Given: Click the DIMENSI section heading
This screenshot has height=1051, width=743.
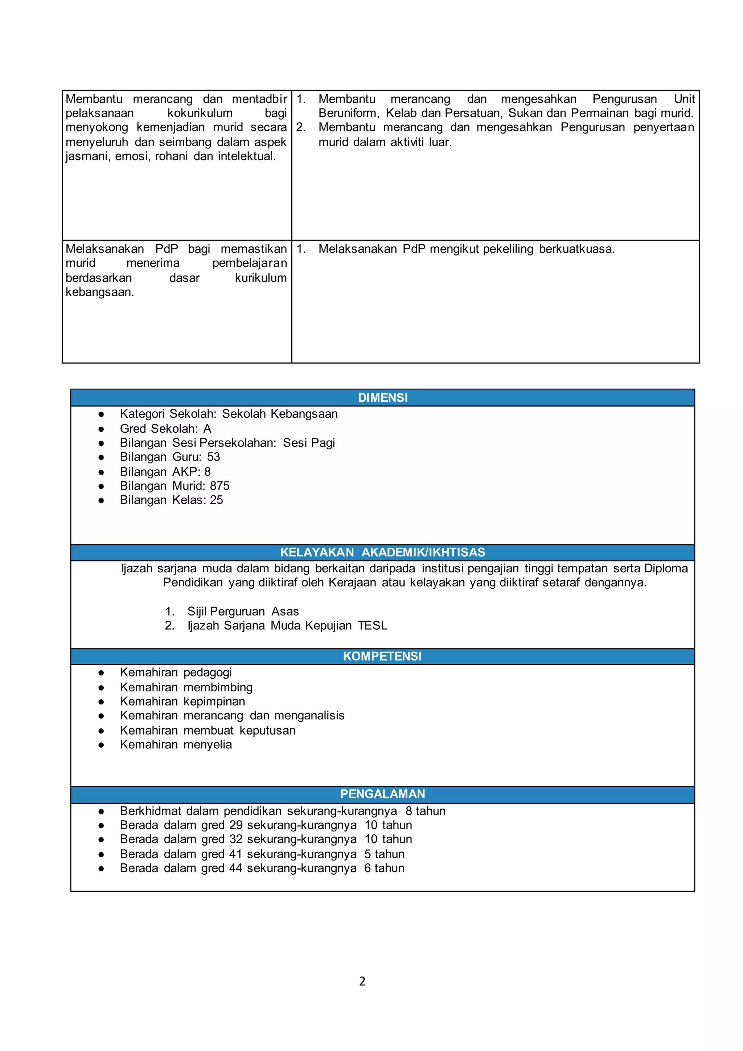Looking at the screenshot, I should pyautogui.click(x=382, y=397).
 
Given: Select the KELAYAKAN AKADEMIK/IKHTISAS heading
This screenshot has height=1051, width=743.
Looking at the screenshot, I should pyautogui.click(x=382, y=552).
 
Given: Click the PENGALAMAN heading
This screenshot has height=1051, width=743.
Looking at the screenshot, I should pyautogui.click(x=382, y=794).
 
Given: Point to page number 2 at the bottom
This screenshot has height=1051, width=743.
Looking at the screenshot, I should pyautogui.click(x=362, y=981).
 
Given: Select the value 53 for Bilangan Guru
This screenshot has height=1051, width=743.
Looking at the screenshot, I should pyautogui.click(x=213, y=457).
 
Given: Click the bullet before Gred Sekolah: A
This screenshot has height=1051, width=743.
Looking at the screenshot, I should pyautogui.click(x=101, y=429).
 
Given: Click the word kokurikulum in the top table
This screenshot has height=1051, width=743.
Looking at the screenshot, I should pyautogui.click(x=200, y=113).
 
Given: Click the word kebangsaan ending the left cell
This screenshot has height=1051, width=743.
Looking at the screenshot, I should pyautogui.click(x=99, y=292).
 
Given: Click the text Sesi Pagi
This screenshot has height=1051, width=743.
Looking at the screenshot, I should pyautogui.click(x=309, y=443).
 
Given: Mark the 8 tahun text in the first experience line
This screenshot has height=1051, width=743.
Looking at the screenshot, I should pyautogui.click(x=425, y=811).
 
